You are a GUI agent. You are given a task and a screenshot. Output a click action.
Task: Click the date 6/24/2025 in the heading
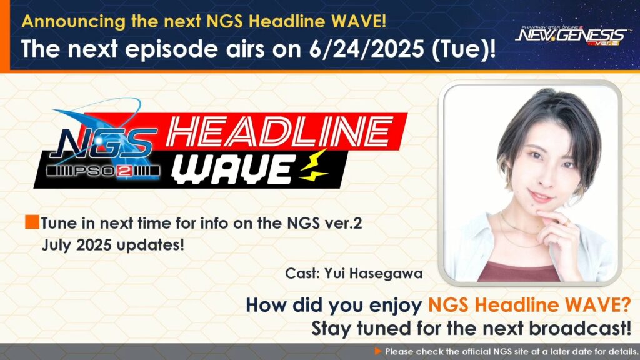pyautogui.click(x=366, y=49)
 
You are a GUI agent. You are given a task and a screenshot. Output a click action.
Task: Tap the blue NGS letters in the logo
pyautogui.click(x=104, y=143)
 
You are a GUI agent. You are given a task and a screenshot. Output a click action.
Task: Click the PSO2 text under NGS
pyautogui.click(x=103, y=172)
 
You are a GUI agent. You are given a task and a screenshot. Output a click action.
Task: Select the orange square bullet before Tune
pyautogui.click(x=32, y=222)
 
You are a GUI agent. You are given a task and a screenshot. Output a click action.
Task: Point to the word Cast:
pyautogui.click(x=302, y=273)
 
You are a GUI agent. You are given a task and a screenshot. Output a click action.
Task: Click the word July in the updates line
pyautogui.click(x=56, y=245)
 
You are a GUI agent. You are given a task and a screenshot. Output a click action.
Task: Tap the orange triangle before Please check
pyautogui.click(x=378, y=351)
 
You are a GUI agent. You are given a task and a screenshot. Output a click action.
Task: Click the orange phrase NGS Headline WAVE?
pyautogui.click(x=529, y=305)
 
